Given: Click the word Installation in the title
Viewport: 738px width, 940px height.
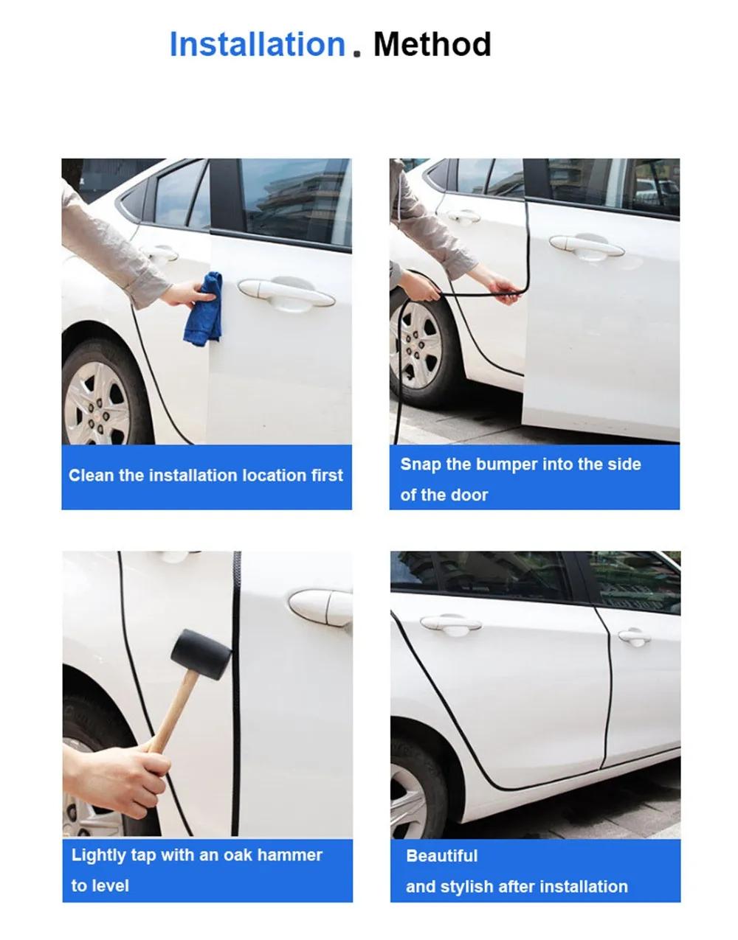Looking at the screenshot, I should pyautogui.click(x=257, y=44).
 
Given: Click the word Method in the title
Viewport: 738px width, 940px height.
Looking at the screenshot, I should pyautogui.click(x=432, y=44).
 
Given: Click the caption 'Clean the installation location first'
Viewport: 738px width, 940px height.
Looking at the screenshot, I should pyautogui.click(x=206, y=476).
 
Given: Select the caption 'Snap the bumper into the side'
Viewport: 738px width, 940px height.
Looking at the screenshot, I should pyautogui.click(x=520, y=464).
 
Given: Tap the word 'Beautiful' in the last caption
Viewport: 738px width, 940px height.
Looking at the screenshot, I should pyautogui.click(x=441, y=856).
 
